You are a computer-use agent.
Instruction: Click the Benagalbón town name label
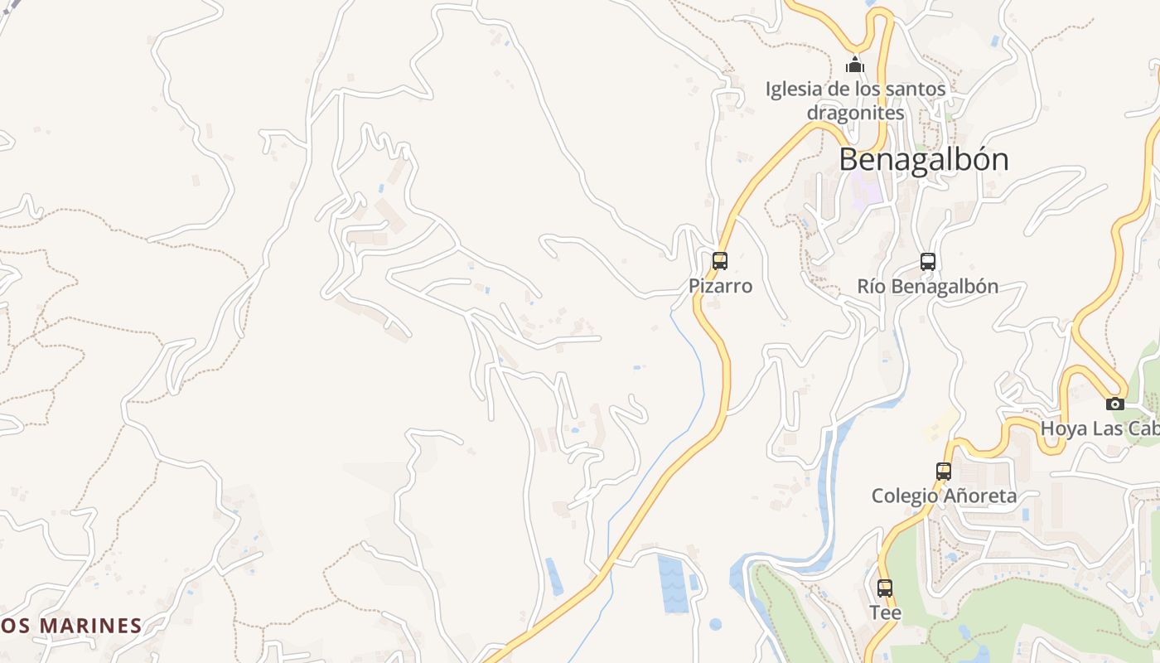924,160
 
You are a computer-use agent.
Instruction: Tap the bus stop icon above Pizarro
720,262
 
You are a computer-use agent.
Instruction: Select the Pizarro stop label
721,286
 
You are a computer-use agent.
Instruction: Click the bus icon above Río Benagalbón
928,262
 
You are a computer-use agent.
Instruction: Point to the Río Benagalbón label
928,287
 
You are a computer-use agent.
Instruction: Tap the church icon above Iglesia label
855,65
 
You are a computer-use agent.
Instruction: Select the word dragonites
855,112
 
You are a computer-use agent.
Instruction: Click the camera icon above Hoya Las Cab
1115,404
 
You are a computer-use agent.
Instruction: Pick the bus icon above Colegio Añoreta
943,472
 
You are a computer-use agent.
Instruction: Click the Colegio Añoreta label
944,496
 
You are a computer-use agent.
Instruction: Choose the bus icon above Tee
885,588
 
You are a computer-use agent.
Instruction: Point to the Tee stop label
885,612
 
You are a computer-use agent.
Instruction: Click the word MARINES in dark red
91,626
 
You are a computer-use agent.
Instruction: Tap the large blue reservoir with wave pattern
672,583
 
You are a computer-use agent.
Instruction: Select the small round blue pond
715,624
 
